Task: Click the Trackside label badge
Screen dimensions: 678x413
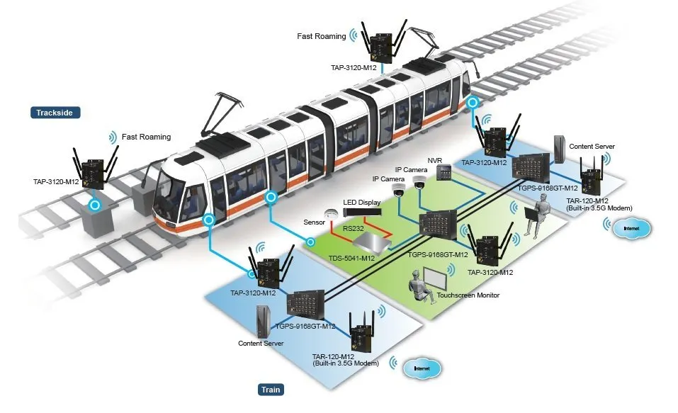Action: [x=55, y=113]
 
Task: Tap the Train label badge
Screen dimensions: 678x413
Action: [x=271, y=390]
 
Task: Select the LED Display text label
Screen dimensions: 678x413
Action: [x=362, y=203]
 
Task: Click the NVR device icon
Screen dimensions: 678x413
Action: [x=444, y=172]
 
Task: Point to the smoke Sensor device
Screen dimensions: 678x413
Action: [x=332, y=214]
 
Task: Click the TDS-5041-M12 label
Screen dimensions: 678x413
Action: [x=351, y=258]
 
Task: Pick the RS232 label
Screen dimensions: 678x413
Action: [x=354, y=228]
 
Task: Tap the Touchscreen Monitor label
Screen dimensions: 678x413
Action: [x=468, y=295]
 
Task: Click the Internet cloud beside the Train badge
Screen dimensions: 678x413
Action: [x=422, y=368]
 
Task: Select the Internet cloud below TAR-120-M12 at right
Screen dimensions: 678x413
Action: [x=631, y=228]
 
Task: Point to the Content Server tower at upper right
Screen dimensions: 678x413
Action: [x=560, y=149]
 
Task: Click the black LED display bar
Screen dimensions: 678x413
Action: [x=363, y=213]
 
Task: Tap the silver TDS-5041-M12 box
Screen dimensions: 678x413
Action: [x=372, y=242]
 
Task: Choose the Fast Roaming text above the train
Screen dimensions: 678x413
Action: [x=321, y=36]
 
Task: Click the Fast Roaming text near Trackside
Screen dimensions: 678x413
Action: [x=146, y=137]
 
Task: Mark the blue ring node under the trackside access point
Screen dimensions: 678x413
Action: [x=95, y=205]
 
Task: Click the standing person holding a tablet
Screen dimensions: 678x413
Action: [x=536, y=215]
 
